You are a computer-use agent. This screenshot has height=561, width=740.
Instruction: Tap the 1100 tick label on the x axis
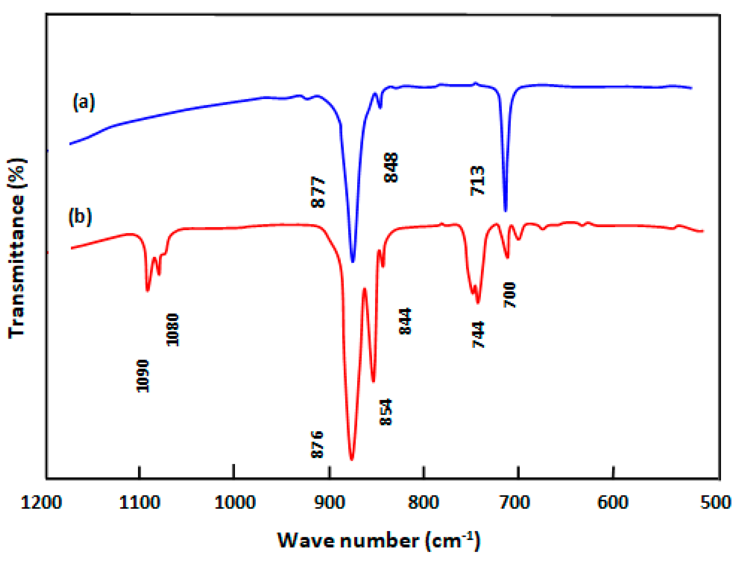[x=140, y=503]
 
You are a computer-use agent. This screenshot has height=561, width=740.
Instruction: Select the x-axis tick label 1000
[x=235, y=503]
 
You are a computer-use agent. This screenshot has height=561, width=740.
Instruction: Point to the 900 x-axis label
[x=330, y=503]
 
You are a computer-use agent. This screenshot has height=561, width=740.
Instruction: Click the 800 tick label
[x=423, y=503]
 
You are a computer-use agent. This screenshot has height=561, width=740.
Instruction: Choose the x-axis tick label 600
[x=613, y=503]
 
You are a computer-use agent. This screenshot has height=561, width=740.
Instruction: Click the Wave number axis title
[x=379, y=541]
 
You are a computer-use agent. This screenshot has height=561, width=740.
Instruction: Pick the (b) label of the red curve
[x=80, y=217]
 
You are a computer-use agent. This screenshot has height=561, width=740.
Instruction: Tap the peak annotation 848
[x=391, y=167]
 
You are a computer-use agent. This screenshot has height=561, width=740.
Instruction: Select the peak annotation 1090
[x=143, y=376]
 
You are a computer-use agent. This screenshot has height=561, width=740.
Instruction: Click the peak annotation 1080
[x=173, y=330]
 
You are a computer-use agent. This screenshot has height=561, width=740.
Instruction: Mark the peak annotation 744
[x=478, y=334]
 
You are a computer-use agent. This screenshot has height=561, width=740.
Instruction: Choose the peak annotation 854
[x=386, y=412]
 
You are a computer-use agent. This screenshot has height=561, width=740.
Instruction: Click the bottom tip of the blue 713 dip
[x=505, y=211]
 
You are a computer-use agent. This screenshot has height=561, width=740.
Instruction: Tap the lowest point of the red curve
[x=351, y=459]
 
